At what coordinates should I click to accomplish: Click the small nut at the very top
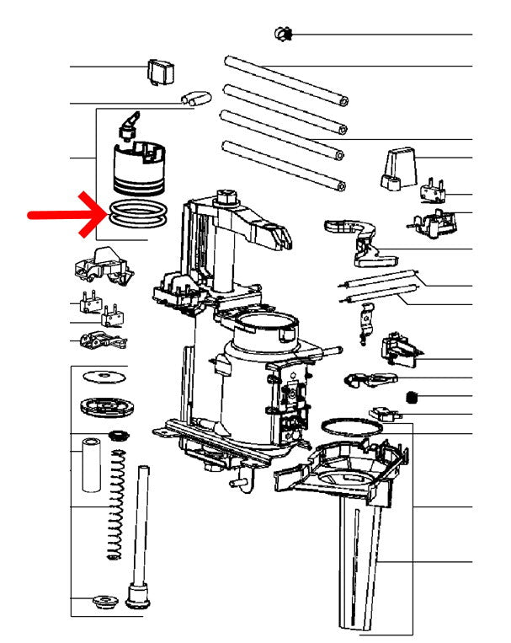283,34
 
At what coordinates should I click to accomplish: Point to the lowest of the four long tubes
281,165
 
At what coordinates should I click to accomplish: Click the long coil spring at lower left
118,506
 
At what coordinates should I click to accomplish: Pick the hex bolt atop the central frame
226,199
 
